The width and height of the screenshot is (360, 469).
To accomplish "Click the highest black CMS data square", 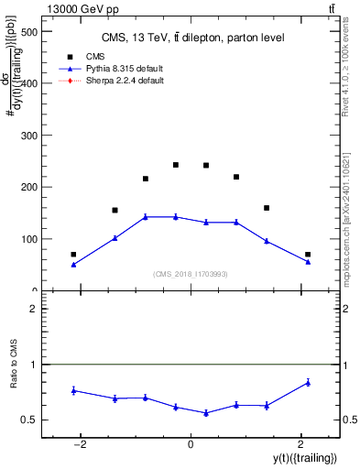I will click(x=176, y=165).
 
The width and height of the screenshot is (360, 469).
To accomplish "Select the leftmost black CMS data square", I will click(x=73, y=255).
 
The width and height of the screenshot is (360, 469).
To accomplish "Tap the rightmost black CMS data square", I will click(x=308, y=255).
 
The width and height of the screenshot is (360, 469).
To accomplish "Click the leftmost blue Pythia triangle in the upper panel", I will click(x=73, y=264).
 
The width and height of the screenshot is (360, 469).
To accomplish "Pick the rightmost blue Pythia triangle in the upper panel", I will click(x=308, y=262).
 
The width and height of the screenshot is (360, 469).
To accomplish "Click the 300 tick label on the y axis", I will click(x=29, y=136).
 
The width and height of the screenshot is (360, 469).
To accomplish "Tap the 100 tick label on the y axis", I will click(x=29, y=239).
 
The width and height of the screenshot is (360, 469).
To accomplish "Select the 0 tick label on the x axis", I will click(x=191, y=445).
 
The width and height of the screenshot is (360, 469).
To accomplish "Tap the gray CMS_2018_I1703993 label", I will click(x=191, y=274).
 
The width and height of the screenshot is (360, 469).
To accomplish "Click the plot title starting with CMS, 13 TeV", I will click(x=191, y=38).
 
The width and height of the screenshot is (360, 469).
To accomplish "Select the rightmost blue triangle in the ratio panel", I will click(x=308, y=382).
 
